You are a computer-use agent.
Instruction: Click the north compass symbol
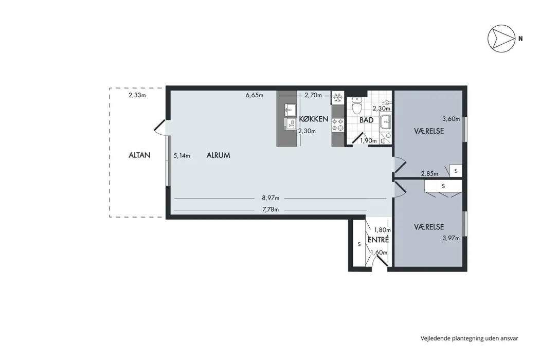(501, 39)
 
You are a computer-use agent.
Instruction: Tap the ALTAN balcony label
(139, 155)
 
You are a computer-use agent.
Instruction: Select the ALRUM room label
(219, 155)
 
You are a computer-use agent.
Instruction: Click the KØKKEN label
(313, 119)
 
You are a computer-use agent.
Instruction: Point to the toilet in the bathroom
(357, 105)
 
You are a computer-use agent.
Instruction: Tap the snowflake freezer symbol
(337, 98)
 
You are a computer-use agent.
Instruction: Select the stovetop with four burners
(337, 125)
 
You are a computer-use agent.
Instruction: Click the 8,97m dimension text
(271, 198)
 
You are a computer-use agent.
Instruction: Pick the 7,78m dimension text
(271, 209)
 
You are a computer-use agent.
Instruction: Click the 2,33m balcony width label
(137, 96)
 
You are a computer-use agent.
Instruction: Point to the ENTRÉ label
(378, 240)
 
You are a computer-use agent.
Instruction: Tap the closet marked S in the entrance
(359, 244)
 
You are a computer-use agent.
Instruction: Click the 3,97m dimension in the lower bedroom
(451, 238)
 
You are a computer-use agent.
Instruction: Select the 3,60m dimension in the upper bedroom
(451, 119)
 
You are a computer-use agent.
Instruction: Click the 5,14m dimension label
(182, 156)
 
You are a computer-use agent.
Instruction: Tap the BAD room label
(366, 120)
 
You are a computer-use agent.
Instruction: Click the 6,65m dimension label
(255, 96)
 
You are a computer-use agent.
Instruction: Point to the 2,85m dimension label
(429, 174)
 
